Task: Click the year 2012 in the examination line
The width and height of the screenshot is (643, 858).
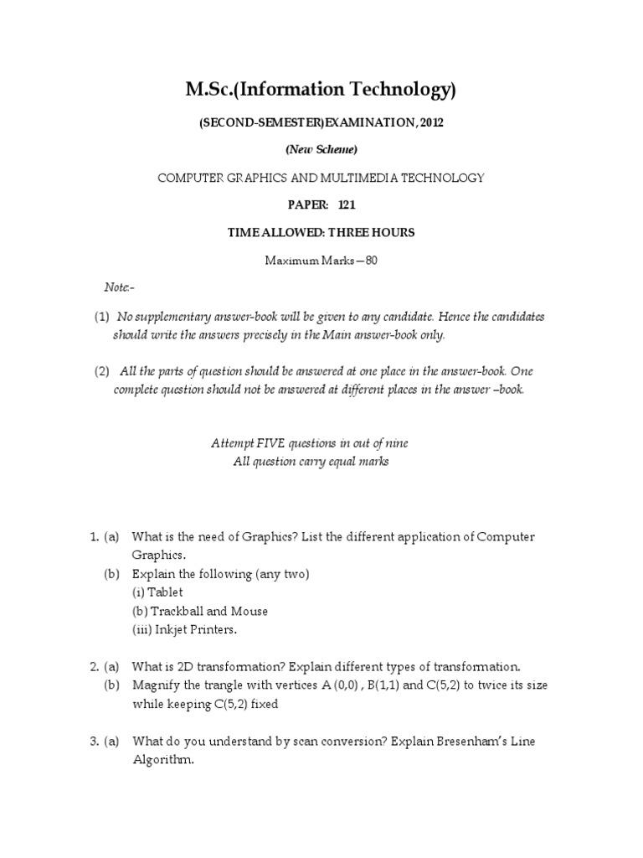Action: click(x=430, y=123)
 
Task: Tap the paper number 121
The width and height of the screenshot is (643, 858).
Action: click(x=347, y=205)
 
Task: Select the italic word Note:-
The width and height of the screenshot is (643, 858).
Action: click(x=118, y=287)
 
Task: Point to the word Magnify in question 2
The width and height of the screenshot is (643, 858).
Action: click(x=155, y=685)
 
